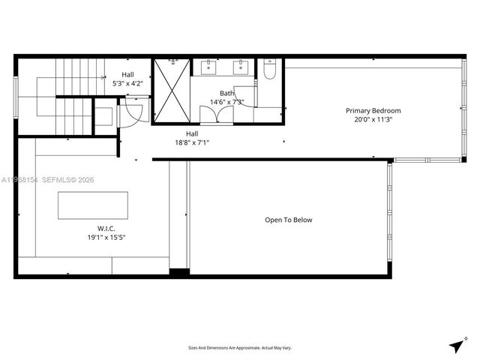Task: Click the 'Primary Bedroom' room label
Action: point(368,110)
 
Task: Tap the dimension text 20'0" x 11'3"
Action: point(368,118)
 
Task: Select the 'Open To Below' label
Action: point(288,220)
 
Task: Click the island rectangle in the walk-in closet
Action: point(93,205)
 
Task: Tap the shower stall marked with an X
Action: point(171,91)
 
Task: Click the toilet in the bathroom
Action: point(270,70)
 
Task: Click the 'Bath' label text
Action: point(226,93)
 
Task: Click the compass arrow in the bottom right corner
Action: point(456,345)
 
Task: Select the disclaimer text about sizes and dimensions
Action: point(240,347)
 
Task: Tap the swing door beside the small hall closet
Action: point(130,115)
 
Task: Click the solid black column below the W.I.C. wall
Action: point(179,272)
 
